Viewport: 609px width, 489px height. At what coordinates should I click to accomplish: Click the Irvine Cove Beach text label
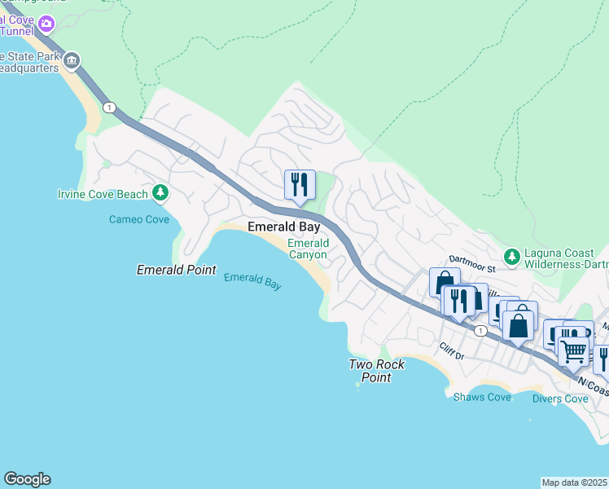click(103, 194)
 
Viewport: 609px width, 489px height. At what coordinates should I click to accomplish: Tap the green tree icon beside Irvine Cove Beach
click(161, 193)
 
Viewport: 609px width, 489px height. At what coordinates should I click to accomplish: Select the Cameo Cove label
click(138, 219)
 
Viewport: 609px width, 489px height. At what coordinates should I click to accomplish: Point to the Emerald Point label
click(176, 270)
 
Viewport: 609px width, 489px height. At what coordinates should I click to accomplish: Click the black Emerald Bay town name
click(283, 227)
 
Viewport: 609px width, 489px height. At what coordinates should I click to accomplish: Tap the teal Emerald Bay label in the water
click(252, 281)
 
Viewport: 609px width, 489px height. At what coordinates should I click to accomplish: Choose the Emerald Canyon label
click(308, 249)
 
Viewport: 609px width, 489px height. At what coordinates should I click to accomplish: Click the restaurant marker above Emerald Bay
click(300, 185)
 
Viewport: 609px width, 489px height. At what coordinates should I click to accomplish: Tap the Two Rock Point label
click(376, 371)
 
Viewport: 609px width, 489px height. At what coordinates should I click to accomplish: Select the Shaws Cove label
click(483, 397)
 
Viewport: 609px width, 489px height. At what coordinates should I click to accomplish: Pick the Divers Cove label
click(560, 399)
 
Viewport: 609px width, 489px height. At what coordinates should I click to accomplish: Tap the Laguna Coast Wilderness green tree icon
click(512, 257)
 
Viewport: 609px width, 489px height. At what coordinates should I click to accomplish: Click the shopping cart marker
click(574, 352)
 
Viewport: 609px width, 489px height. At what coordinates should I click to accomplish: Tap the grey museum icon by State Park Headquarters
click(72, 60)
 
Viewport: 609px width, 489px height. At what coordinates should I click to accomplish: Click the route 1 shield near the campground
click(109, 107)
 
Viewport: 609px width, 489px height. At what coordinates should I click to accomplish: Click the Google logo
click(27, 479)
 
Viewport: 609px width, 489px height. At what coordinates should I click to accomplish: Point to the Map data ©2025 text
click(575, 482)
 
